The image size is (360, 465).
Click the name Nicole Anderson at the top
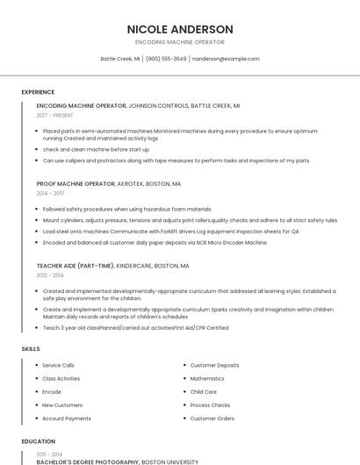tap(180, 29)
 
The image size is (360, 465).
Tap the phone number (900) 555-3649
tap(166, 59)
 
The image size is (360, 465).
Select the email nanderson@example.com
tap(226, 59)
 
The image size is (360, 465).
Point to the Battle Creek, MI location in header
tap(120, 59)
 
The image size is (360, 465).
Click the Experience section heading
tap(38, 92)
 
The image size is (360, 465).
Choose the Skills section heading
tap(31, 349)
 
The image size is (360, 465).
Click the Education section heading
tap(38, 441)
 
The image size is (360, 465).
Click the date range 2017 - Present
tap(55, 115)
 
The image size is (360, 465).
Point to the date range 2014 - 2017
tap(50, 193)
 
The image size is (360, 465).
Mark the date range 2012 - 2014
tap(50, 275)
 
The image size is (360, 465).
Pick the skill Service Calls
tap(58, 365)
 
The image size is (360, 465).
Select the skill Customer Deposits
tap(214, 365)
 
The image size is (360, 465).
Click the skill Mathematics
tap(207, 378)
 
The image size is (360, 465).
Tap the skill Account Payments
tap(67, 418)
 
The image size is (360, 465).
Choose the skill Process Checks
tap(210, 405)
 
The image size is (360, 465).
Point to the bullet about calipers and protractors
tap(176, 161)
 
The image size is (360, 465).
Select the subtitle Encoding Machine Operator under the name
tap(180, 42)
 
